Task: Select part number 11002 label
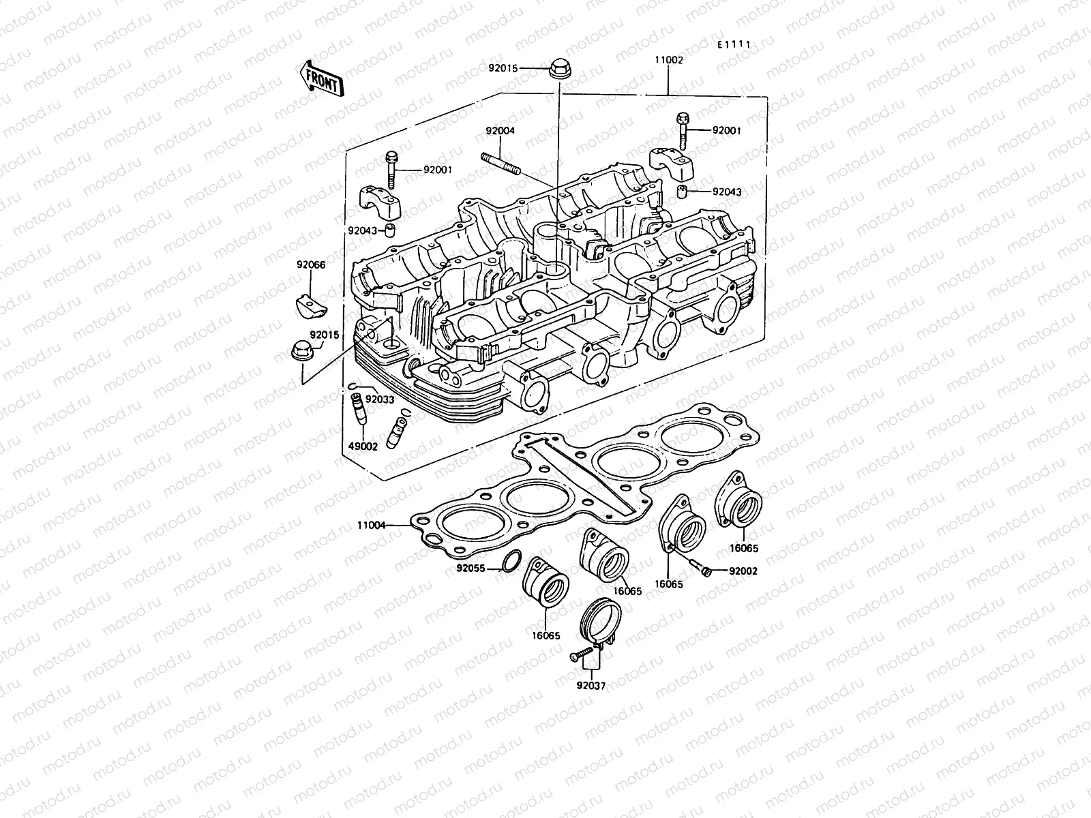(x=669, y=60)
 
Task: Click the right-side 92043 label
(x=727, y=192)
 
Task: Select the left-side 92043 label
(x=362, y=230)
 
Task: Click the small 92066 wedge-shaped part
(x=310, y=301)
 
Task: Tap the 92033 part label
(x=380, y=399)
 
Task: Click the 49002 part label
(x=362, y=446)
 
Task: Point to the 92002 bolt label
(x=743, y=571)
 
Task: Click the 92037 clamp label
(x=591, y=686)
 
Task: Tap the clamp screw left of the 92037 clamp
(x=578, y=656)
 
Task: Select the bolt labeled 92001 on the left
(x=392, y=168)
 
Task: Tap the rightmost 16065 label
(x=744, y=548)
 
